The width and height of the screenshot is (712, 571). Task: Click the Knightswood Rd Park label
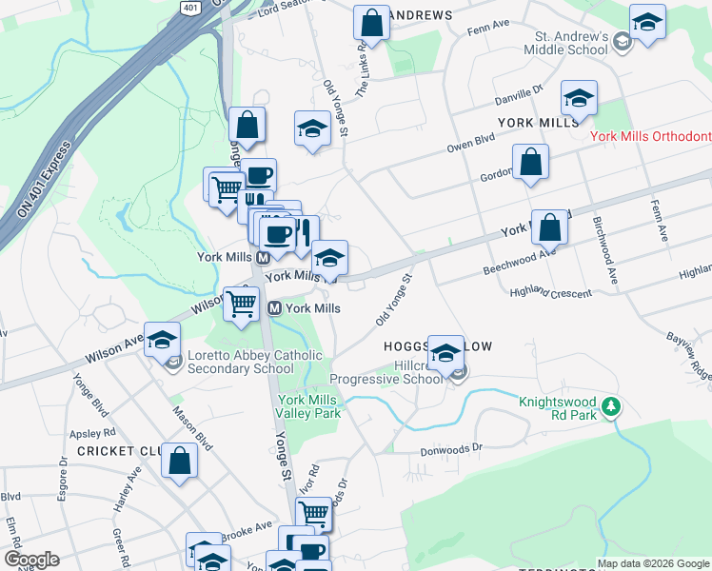coord(558,408)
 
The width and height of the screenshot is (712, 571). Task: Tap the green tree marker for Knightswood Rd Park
coord(610,408)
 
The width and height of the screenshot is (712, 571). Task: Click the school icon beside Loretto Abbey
coord(162,340)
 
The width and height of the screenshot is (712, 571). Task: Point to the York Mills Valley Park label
coord(308,406)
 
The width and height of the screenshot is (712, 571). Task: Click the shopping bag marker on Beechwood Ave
coord(549,227)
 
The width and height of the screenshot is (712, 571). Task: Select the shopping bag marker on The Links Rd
coord(371,23)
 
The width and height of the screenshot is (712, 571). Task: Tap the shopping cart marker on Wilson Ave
coord(242,305)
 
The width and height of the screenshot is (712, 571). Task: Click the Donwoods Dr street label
coord(452,446)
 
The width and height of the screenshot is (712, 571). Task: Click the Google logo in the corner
coord(31,560)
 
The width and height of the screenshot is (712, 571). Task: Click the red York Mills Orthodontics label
coord(650,137)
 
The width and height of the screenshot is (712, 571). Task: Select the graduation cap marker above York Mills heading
coord(578,98)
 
